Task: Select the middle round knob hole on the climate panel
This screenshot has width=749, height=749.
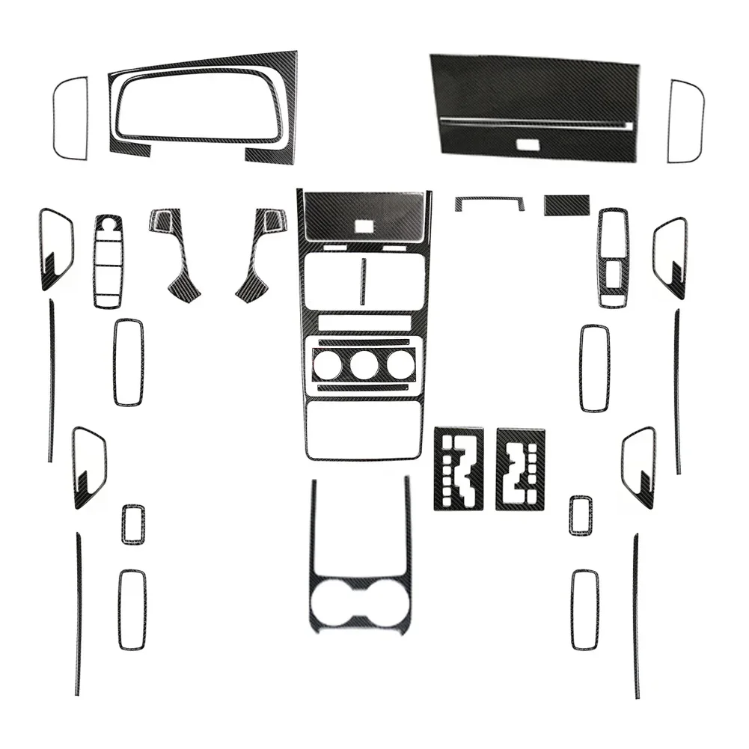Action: coord(364,364)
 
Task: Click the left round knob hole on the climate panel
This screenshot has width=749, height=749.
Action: coord(327,364)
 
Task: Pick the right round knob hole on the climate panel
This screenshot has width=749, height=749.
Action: coord(400,364)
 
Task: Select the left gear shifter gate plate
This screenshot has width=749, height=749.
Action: coord(458,469)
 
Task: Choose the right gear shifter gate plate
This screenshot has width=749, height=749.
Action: coord(520,469)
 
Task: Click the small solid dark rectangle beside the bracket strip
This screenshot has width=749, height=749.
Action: coord(566,204)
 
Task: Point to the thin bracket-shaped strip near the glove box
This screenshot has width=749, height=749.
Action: coord(489,201)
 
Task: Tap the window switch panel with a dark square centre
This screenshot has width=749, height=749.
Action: coord(614,258)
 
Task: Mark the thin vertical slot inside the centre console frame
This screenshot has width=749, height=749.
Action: coord(363,281)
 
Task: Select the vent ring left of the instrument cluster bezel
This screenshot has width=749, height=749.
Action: coord(70,118)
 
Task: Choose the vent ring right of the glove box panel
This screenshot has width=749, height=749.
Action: coord(685,121)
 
